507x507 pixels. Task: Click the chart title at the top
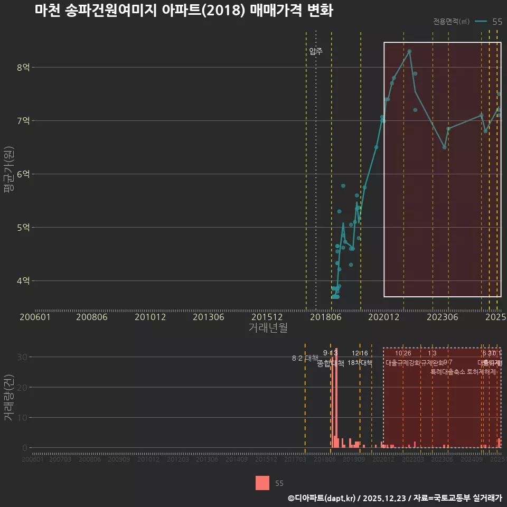[184, 11]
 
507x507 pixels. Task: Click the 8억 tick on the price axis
[23, 67]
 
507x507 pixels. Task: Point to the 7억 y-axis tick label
[23, 120]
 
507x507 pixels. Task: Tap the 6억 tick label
[23, 174]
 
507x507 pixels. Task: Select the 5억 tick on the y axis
[23, 227]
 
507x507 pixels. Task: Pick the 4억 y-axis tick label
[23, 280]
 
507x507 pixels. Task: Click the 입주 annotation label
[316, 51]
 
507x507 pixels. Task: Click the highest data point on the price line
[409, 51]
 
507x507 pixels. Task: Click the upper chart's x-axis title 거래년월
[268, 328]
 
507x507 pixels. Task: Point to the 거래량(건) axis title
[8, 398]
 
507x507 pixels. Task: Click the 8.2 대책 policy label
[305, 358]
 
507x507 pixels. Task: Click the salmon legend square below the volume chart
[262, 483]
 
